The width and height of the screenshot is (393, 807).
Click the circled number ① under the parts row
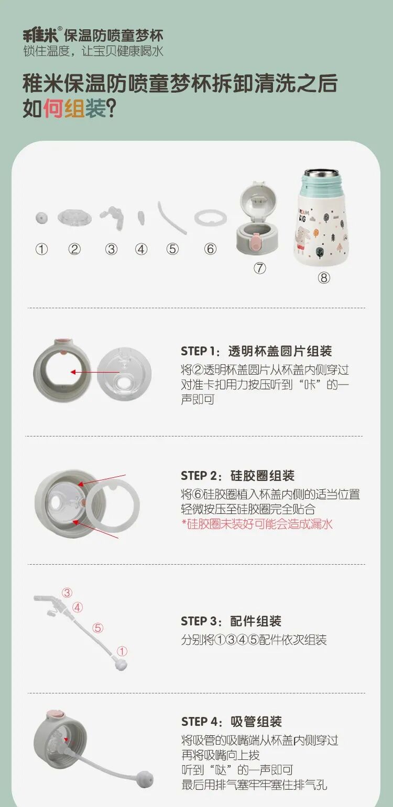(x=41, y=249)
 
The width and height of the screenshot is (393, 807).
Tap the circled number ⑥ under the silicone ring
(x=211, y=249)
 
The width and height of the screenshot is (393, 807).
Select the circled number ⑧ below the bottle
(x=324, y=277)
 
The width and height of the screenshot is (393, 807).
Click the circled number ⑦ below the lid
(x=259, y=268)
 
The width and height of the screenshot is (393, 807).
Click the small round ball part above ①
(x=41, y=218)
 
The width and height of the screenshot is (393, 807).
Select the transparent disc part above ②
(x=74, y=217)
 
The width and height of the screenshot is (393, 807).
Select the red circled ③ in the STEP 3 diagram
(x=67, y=593)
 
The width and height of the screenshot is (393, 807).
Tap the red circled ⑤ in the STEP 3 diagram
(x=97, y=629)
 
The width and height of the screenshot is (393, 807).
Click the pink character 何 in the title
(x=54, y=108)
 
